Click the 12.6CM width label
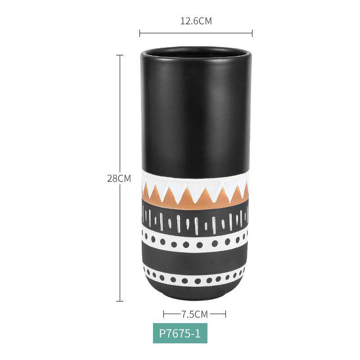196,21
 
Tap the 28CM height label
119,178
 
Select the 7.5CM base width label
195,314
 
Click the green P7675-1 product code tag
180,333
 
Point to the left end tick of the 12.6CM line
139,33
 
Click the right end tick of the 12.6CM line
252,33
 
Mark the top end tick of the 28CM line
120,55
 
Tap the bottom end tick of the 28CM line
120,301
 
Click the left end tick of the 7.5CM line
164,314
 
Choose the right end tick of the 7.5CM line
226,314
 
